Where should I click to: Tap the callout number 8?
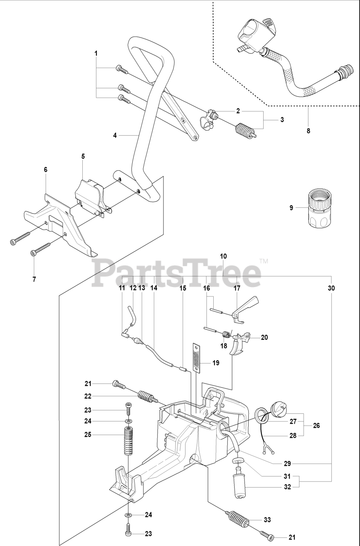(x=308, y=131)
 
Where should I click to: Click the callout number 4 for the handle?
(x=115, y=135)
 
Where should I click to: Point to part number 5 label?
(x=83, y=157)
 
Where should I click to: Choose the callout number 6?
(x=45, y=169)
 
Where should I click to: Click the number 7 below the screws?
(x=34, y=279)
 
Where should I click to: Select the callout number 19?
(x=216, y=363)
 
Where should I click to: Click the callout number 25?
(x=87, y=435)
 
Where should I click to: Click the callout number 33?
(x=267, y=520)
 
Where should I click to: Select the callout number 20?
(x=264, y=337)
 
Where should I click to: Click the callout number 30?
(x=331, y=288)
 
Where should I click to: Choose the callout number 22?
(x=87, y=396)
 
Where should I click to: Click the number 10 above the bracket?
(x=224, y=256)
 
